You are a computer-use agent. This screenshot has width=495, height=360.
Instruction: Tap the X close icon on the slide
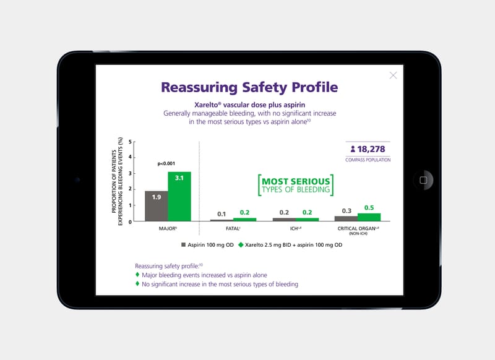[393, 75]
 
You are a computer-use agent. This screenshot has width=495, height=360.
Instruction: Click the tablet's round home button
[423, 180]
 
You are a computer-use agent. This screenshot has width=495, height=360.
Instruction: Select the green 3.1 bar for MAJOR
[179, 196]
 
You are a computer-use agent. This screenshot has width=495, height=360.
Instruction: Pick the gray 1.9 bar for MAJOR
[156, 205]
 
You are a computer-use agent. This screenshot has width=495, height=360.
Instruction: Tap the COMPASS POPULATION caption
[368, 160]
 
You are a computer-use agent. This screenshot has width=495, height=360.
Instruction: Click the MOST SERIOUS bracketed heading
[295, 185]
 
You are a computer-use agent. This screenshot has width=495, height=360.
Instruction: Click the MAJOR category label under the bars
[168, 229]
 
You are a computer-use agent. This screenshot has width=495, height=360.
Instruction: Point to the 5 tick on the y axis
[131, 142]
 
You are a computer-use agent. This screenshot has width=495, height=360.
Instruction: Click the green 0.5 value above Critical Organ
[369, 208]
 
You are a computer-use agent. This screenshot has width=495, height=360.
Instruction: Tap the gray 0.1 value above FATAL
[222, 214]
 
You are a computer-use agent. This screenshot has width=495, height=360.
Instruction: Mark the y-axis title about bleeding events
[118, 181]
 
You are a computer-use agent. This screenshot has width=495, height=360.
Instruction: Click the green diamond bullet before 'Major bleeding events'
[137, 275]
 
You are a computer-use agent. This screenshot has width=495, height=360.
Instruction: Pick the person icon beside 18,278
[353, 149]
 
